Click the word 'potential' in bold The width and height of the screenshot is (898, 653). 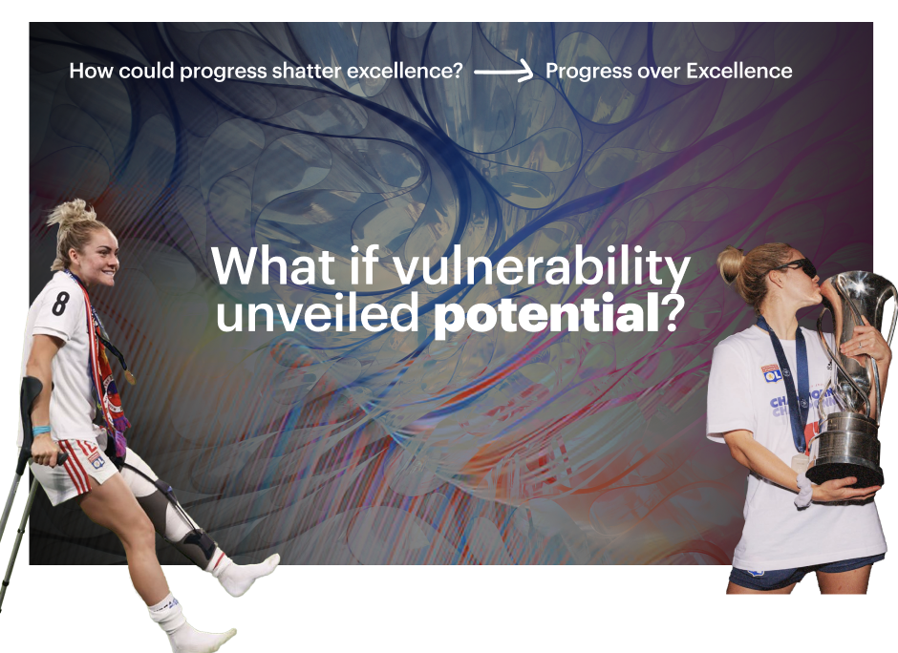(546, 313)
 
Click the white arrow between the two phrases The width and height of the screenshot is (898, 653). (503, 73)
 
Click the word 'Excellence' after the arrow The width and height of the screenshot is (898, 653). (738, 71)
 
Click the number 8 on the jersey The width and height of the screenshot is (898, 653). (60, 304)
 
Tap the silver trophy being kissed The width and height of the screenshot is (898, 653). (853, 378)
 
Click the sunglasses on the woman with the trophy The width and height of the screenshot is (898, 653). (799, 268)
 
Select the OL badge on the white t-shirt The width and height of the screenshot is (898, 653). (772, 373)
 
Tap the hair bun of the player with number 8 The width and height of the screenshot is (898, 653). (72, 212)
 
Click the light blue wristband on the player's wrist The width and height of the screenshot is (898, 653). (41, 431)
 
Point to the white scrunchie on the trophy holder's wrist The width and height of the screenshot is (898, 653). (802, 490)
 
